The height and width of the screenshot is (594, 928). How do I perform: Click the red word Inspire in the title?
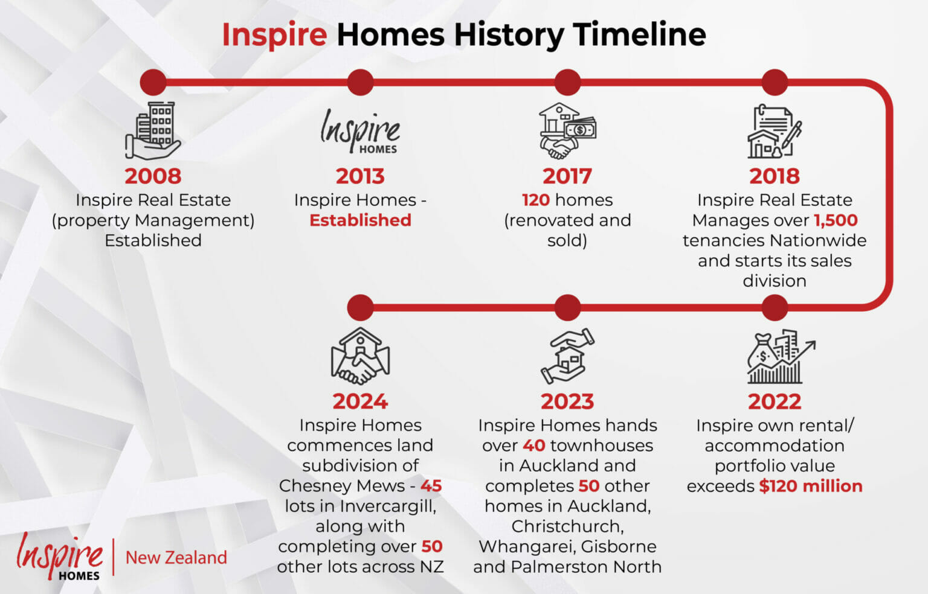(275, 35)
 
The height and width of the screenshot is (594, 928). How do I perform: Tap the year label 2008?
(153, 176)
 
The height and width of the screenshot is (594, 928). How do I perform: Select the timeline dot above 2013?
(361, 82)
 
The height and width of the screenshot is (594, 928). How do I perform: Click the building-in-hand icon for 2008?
(153, 131)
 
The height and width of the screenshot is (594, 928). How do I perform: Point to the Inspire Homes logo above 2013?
(360, 131)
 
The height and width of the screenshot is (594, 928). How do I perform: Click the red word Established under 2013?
(361, 220)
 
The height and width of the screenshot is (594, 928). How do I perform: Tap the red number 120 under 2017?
(536, 200)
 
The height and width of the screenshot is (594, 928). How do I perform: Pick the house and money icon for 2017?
(567, 131)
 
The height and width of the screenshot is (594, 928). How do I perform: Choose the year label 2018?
(775, 176)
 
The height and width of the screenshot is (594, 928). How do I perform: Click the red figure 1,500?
(836, 220)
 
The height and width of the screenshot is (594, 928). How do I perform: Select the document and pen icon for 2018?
(775, 132)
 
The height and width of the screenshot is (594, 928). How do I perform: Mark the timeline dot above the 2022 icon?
(775, 307)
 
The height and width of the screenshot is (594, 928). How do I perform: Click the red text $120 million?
(811, 486)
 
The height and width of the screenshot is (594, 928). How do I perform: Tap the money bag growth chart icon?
(781, 356)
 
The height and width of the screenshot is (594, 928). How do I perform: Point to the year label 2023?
(567, 401)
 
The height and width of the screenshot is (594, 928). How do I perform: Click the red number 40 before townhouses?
(534, 446)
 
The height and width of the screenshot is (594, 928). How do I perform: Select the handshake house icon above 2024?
(361, 356)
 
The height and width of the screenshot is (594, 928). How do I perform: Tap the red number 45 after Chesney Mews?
(431, 486)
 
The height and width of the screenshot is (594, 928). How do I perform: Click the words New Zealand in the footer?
(176, 558)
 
